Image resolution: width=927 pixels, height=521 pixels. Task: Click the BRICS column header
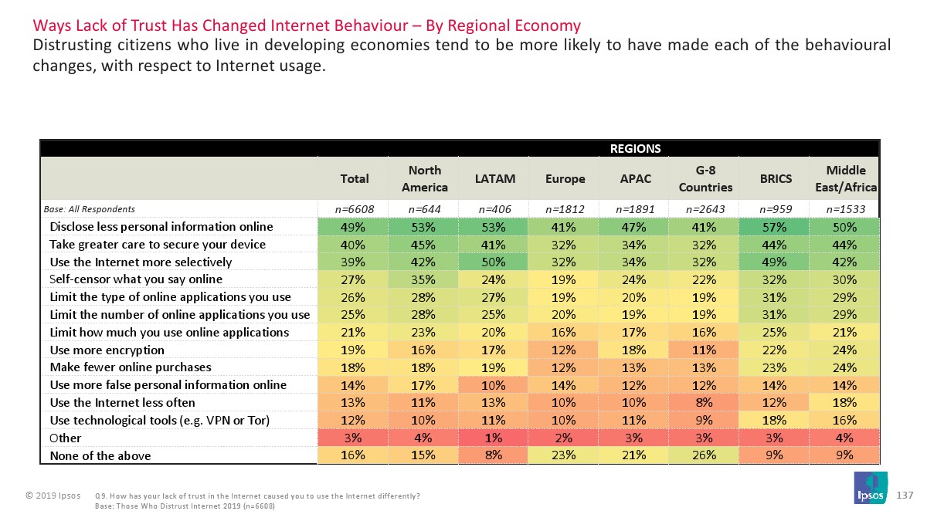pos(776,178)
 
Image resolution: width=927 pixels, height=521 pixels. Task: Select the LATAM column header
pos(494,178)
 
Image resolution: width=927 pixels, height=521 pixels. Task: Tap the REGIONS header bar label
pos(635,148)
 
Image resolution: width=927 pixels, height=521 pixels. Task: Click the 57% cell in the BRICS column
pos(776,227)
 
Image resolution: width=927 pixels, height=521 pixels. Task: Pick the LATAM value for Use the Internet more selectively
pos(494,262)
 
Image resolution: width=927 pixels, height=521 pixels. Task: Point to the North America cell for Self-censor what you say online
pos(425,279)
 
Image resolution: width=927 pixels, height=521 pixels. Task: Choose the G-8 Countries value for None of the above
pos(705,455)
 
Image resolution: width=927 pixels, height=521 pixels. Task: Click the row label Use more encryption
pos(107,350)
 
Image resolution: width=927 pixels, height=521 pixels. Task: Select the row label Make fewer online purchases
pos(130,367)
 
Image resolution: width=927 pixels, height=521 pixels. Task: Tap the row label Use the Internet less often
pos(122,402)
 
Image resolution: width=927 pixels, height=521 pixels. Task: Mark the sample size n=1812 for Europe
pos(565,209)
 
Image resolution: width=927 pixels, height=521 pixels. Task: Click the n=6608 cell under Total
pos(355,209)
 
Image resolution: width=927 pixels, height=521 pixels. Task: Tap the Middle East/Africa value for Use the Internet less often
pos(845,402)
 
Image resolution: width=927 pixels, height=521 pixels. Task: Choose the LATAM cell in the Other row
pos(494,438)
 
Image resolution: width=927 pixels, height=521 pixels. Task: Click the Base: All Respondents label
pos(89,209)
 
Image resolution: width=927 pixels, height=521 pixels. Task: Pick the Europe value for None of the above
pos(565,455)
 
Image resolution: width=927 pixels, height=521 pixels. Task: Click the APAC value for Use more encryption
pos(635,350)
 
